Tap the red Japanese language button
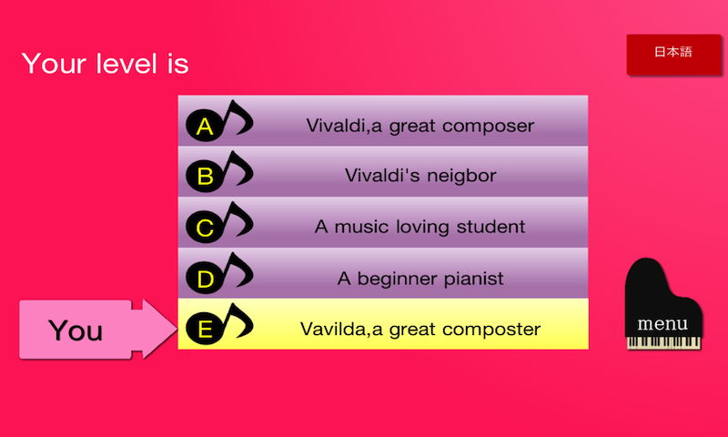[x=673, y=55]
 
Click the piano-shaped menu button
[x=663, y=304]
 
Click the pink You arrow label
[x=97, y=330]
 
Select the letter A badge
[x=205, y=126]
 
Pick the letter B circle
[x=205, y=176]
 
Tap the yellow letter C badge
[x=205, y=227]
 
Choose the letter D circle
[x=205, y=279]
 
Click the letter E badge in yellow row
[x=205, y=329]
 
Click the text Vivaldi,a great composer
[x=420, y=126]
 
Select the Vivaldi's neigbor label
[x=420, y=176]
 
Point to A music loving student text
[x=420, y=227]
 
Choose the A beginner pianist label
[x=420, y=279]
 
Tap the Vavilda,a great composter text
[x=420, y=330]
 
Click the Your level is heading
[x=105, y=63]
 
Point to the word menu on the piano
[x=662, y=324]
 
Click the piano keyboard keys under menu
[x=663, y=342]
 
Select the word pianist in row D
[x=473, y=279]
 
